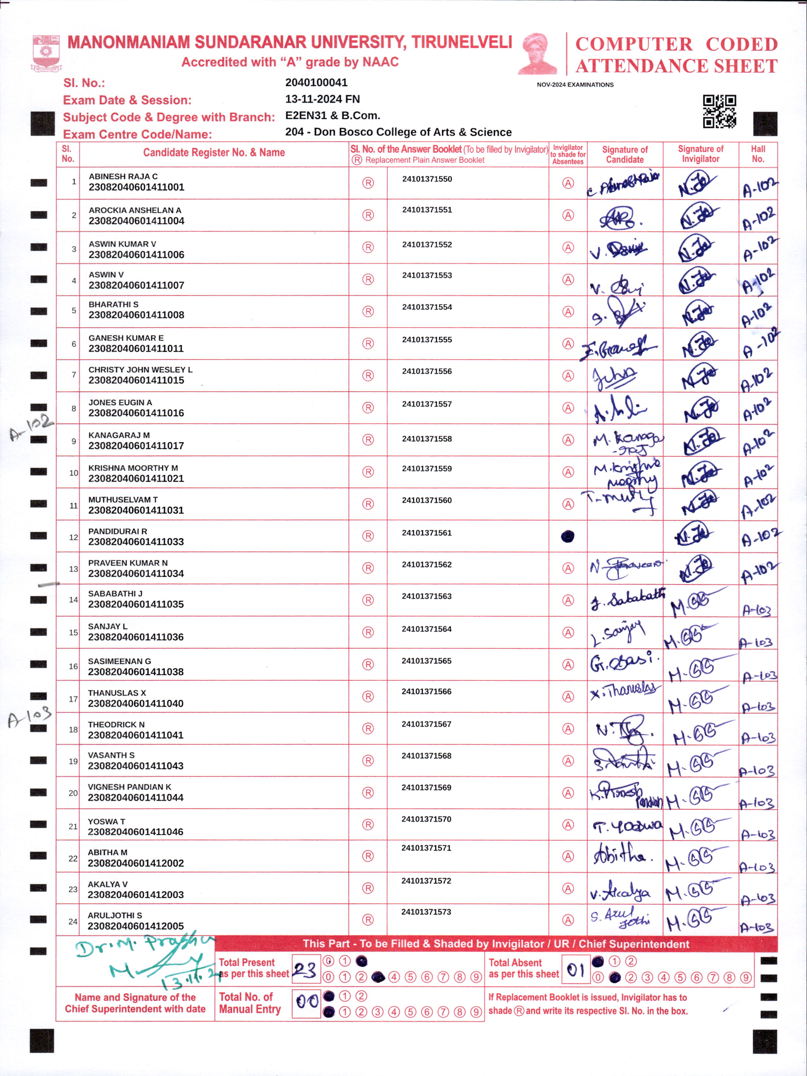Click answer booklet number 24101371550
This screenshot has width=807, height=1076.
click(427, 179)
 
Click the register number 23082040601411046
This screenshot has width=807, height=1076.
click(135, 832)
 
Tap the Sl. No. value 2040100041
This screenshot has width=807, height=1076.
click(316, 83)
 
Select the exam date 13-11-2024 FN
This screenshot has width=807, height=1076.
click(322, 99)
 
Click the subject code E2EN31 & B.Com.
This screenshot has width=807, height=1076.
click(333, 116)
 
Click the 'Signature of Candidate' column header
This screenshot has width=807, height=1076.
click(625, 154)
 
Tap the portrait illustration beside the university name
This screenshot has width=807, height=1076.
click(538, 54)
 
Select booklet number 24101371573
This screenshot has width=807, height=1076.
click(426, 912)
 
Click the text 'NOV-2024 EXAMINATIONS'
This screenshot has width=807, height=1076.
click(575, 85)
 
